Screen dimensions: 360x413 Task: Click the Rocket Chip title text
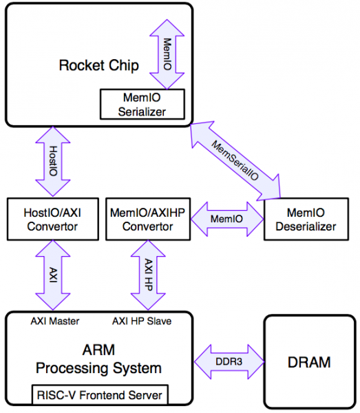(98, 65)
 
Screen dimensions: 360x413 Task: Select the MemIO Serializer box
(142, 105)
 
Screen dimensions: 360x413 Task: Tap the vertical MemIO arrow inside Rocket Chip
(167, 54)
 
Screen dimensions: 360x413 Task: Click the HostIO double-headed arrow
(53, 161)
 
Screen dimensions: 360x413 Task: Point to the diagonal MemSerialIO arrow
(235, 160)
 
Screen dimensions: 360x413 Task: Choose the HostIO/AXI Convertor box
(53, 219)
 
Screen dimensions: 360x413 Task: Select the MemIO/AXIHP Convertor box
(148, 219)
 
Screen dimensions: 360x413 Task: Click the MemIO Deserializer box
(306, 219)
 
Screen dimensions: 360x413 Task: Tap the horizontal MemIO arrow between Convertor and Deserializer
(227, 219)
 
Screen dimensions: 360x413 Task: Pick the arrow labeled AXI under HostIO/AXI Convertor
(53, 275)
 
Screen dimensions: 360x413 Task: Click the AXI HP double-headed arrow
(148, 275)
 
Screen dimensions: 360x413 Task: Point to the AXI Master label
(55, 321)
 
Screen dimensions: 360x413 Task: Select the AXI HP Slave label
(142, 321)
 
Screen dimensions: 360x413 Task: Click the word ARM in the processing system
(98, 350)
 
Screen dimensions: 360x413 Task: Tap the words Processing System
(98, 368)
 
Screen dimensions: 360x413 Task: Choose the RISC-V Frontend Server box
(100, 395)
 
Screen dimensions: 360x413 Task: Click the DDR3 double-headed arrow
(229, 361)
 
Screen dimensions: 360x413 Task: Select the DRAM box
(310, 362)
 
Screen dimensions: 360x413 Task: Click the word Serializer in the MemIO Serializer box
(142, 112)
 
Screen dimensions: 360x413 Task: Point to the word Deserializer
(306, 226)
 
